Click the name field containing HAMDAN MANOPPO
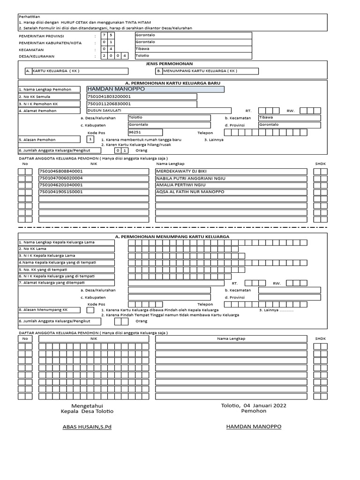pos(155,89)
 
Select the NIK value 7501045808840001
pos(61,172)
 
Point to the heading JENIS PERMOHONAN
pos(169,63)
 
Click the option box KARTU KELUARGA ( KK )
pos(76,71)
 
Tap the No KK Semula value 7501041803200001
pos(110,97)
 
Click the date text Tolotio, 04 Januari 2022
pos(254,405)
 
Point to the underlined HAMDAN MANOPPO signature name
pos(254,427)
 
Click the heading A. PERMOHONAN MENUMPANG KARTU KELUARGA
pos(172,237)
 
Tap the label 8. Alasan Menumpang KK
pos(44,310)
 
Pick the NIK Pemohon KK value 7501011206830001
pos(110,104)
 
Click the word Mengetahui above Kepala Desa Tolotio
pos(87,405)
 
